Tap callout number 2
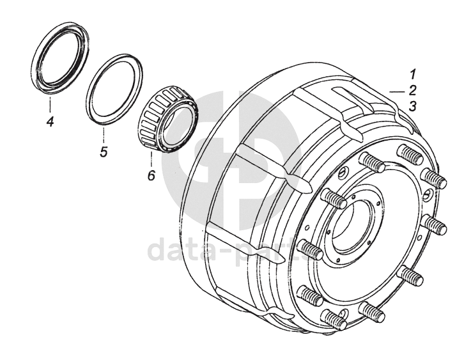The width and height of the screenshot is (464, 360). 414,90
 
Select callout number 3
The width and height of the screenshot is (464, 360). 414,106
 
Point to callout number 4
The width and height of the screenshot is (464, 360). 49,119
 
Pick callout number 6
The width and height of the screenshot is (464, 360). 151,175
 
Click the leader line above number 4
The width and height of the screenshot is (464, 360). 49,102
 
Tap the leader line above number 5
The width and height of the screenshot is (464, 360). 103,135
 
